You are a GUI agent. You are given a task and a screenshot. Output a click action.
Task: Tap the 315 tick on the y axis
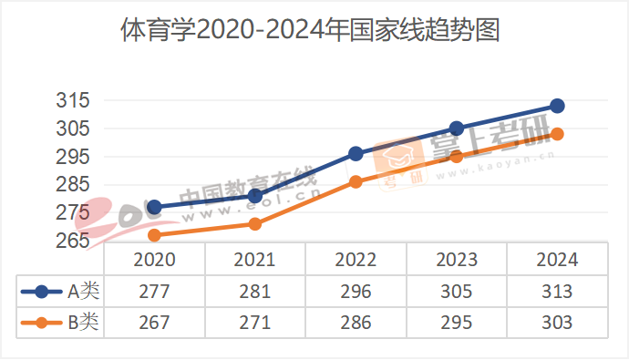point(74,100)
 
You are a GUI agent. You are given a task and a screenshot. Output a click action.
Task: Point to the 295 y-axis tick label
point(74,157)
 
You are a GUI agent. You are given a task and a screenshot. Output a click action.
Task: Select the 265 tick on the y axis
point(74,241)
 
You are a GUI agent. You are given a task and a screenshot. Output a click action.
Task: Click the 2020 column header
point(154,260)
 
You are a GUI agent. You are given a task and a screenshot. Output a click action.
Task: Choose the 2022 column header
point(356,260)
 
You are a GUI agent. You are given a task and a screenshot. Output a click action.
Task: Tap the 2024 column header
point(557,260)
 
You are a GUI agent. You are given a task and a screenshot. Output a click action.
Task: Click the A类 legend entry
point(59,292)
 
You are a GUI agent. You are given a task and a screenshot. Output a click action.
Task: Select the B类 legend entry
point(59,322)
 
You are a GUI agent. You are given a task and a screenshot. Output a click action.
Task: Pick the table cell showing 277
point(154,292)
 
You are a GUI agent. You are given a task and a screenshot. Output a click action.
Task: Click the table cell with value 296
point(356,292)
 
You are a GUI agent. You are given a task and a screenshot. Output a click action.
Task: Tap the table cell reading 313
point(557,292)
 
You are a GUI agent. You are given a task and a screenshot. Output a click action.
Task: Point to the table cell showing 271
point(255,322)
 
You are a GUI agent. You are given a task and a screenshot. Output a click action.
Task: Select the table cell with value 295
point(457,322)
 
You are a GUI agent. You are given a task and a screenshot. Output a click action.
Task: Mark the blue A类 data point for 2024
point(557,106)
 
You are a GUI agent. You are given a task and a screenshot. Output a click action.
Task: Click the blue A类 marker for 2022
point(356,154)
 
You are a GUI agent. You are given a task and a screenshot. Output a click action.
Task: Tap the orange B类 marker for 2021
point(255,224)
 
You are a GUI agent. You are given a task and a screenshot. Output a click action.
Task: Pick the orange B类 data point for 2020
point(154,235)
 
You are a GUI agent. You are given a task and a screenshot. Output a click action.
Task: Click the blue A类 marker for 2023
point(457,129)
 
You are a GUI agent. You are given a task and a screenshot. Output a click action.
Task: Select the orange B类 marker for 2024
point(557,134)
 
